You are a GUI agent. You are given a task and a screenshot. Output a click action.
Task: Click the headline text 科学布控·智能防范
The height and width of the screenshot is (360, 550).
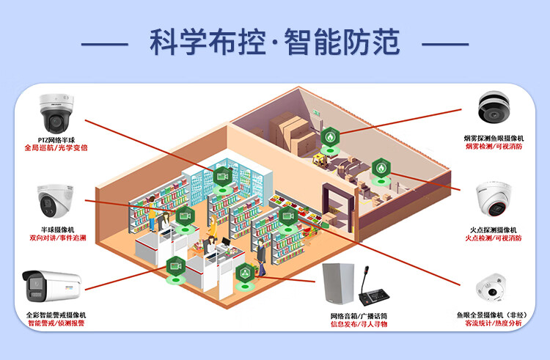point(275,42)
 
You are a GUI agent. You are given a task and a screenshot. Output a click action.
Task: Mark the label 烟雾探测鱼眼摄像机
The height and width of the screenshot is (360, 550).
point(494,139)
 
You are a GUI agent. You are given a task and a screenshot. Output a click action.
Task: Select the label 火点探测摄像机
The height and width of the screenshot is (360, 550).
point(494,229)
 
